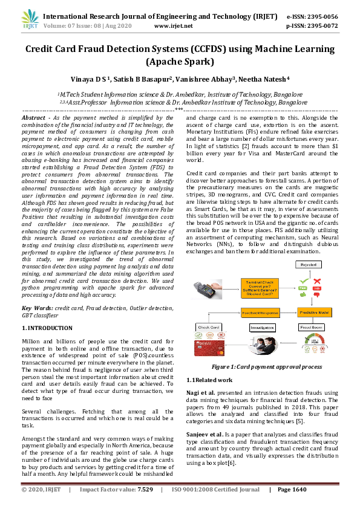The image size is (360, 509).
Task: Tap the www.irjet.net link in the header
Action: pyautogui.click(x=174, y=27)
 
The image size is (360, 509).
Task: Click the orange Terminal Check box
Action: pyautogui.click(x=260, y=287)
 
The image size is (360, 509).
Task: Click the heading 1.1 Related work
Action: pyautogui.click(x=209, y=380)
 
